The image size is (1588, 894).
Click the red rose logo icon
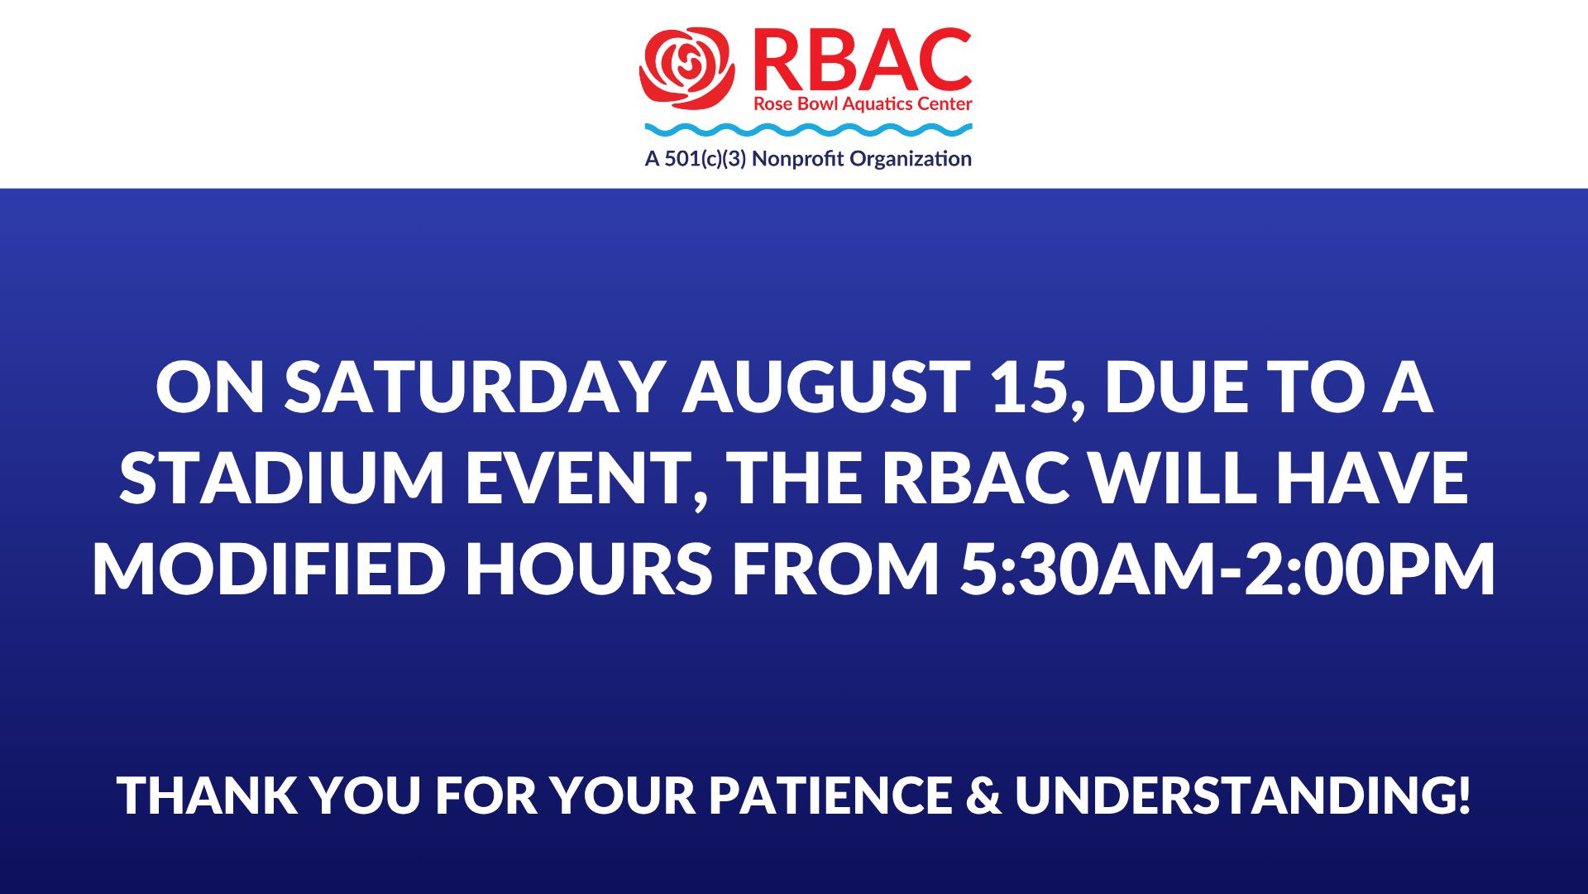(x=686, y=69)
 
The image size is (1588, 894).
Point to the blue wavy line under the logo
(x=808, y=130)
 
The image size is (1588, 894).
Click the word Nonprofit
(x=798, y=159)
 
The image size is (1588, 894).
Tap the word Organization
(x=911, y=159)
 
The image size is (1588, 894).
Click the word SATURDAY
(x=475, y=387)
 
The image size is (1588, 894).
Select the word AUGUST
(x=826, y=387)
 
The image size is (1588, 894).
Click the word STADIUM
(x=282, y=478)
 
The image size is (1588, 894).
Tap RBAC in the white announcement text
(x=976, y=478)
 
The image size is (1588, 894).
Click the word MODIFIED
(x=269, y=569)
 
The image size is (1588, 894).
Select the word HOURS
(x=588, y=569)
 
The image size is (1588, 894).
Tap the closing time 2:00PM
(x=1370, y=569)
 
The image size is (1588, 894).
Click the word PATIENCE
(x=831, y=795)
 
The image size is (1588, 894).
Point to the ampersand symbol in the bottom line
(x=983, y=795)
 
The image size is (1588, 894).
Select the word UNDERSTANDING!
(x=1243, y=795)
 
